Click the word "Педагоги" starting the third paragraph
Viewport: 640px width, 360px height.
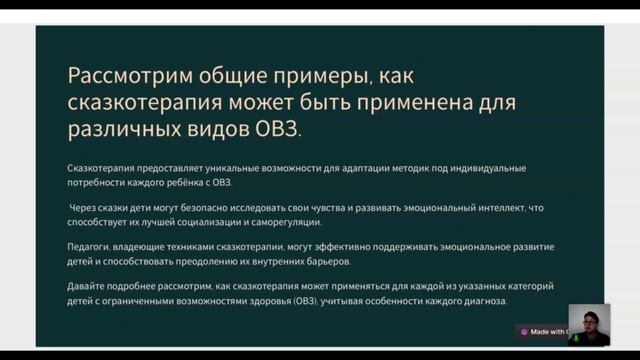(x=90, y=247)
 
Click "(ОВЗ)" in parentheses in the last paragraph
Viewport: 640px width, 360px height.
(x=304, y=301)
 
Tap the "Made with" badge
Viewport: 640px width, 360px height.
(x=545, y=332)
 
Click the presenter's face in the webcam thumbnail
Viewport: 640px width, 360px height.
(x=589, y=322)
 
